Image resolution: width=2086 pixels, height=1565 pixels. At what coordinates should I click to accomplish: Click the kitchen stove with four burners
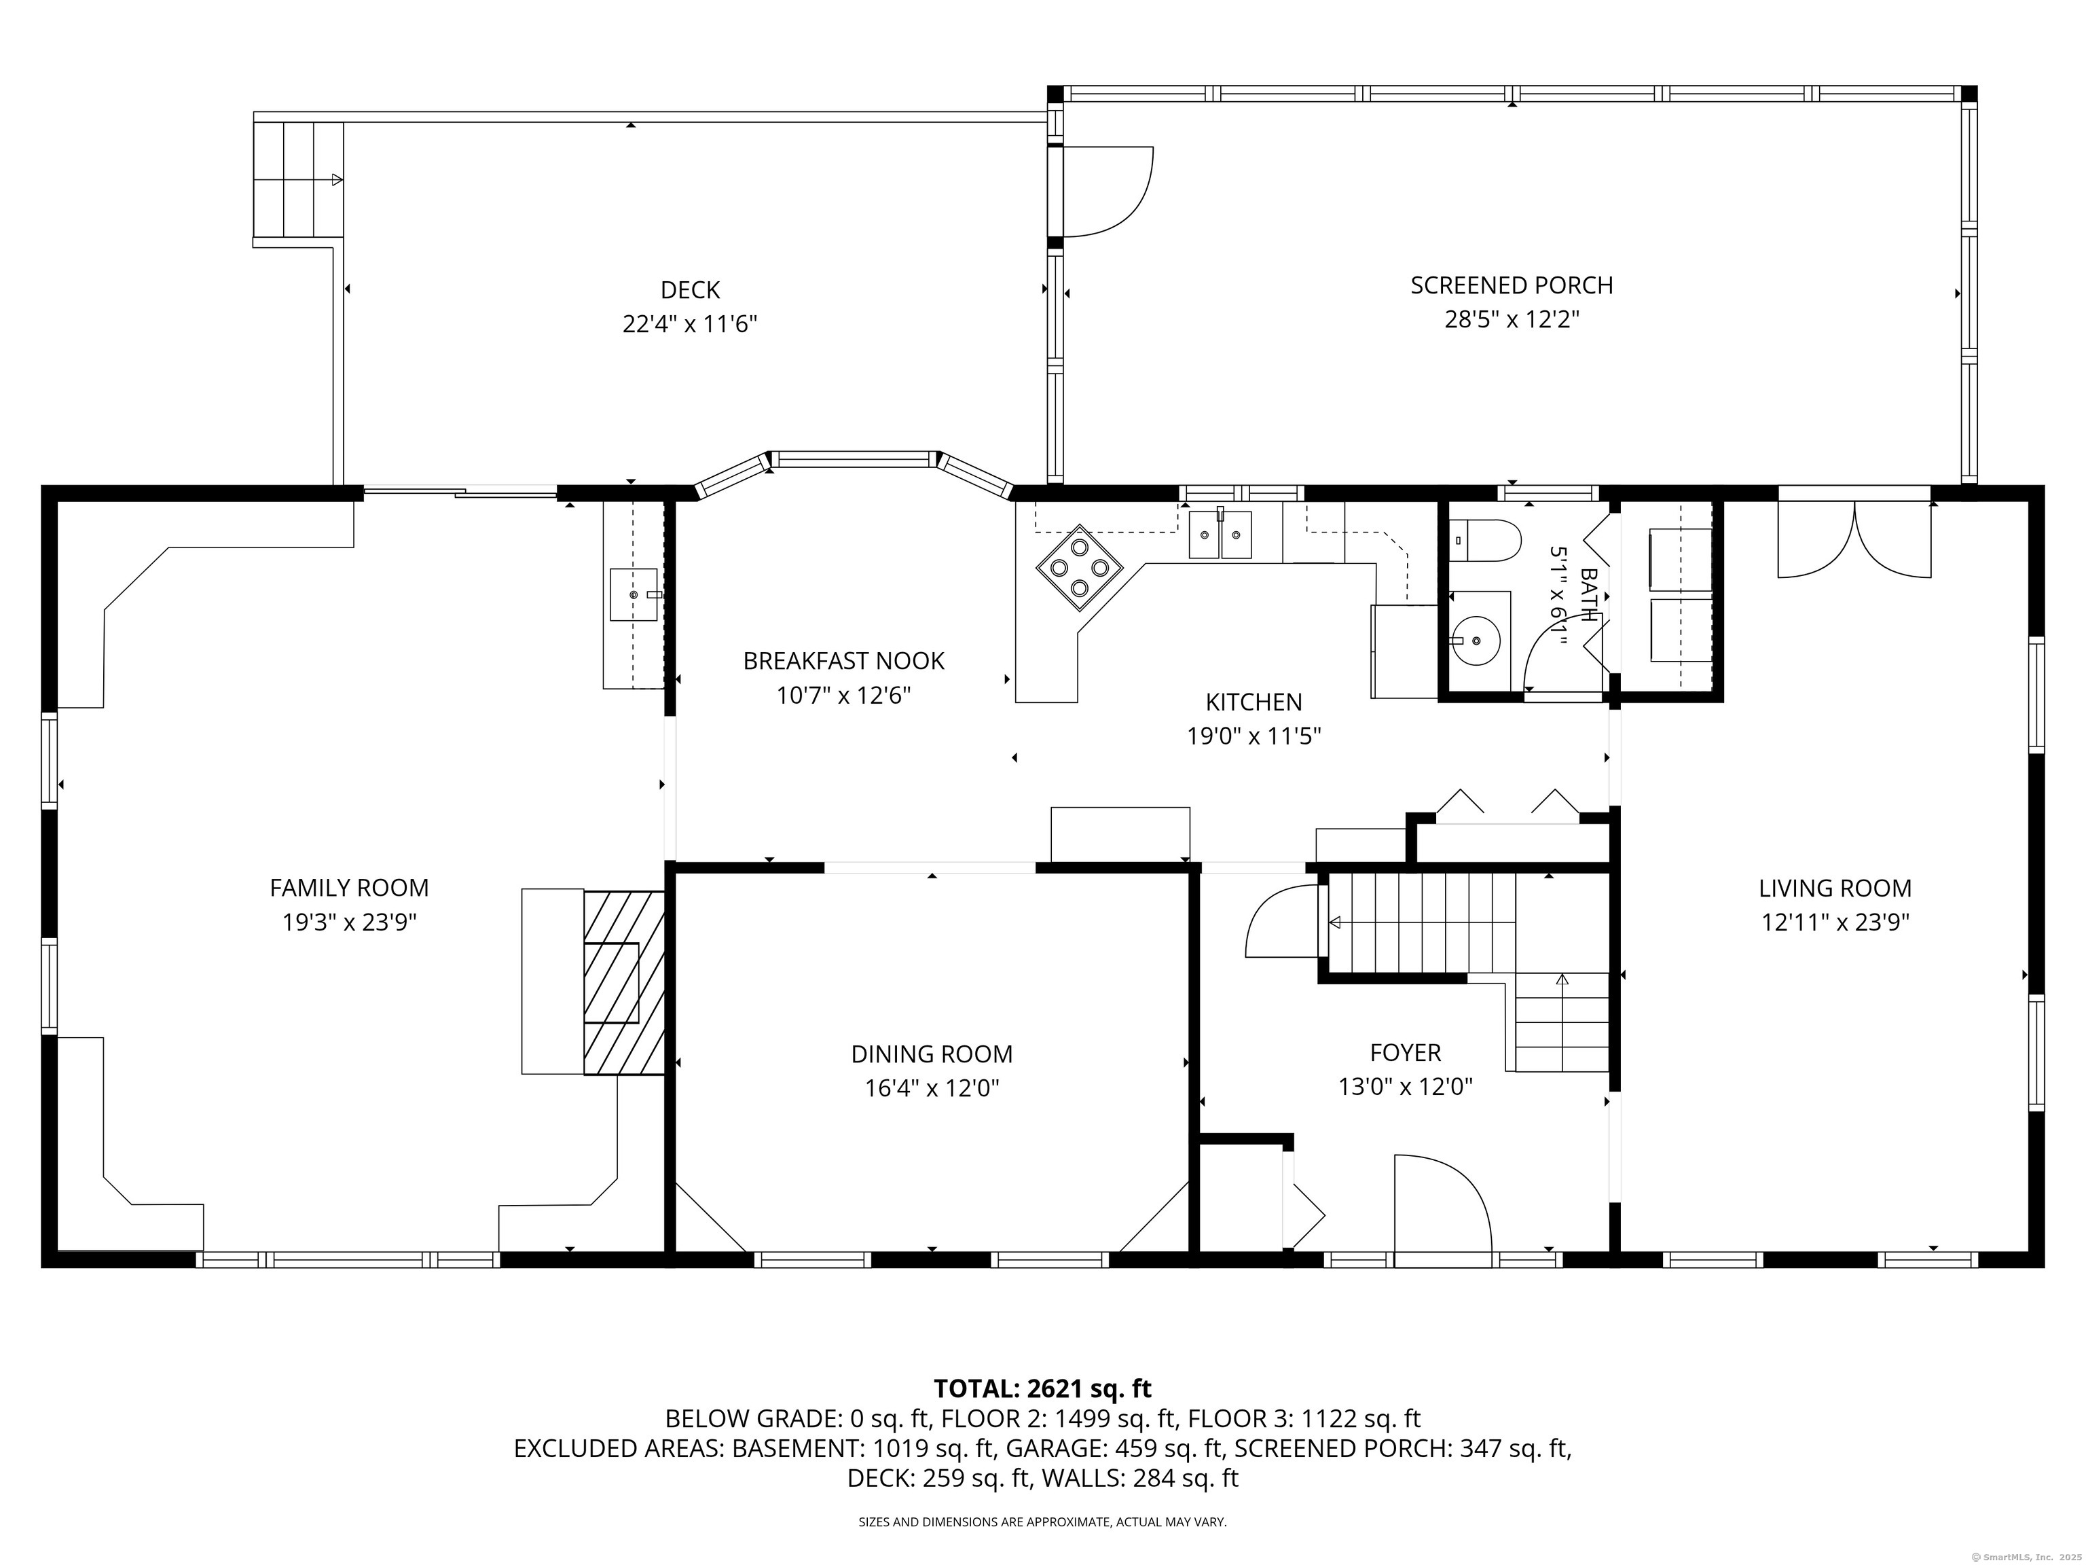[x=1080, y=568]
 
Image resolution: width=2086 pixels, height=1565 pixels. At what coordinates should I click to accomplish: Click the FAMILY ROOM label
[x=349, y=888]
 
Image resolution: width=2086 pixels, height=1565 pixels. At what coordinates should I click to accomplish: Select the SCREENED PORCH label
[x=1511, y=285]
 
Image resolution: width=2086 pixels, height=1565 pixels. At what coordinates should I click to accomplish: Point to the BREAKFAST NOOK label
[x=843, y=660]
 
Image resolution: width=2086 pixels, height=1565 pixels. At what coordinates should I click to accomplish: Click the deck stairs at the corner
[x=295, y=179]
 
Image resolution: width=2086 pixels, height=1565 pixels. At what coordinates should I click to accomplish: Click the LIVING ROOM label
[x=1834, y=888]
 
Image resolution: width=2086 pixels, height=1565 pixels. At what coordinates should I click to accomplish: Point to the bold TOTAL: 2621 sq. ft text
[x=1042, y=1388]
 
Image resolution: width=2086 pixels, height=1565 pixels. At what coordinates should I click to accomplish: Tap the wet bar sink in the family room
[x=634, y=594]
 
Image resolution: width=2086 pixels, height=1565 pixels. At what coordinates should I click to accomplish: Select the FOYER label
[x=1405, y=1051]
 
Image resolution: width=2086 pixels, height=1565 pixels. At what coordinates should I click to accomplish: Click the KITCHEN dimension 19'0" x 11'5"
[x=1254, y=736]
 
